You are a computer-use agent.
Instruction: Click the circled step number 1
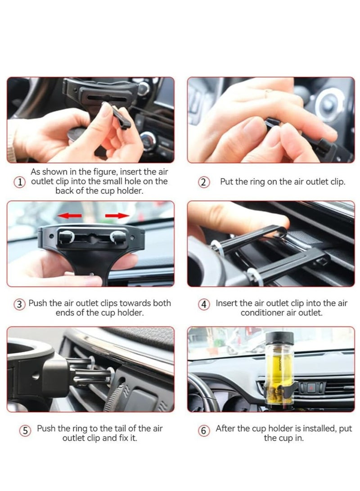click(x=19, y=182)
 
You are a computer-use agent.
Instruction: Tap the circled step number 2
click(x=204, y=182)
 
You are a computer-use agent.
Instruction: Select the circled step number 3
click(x=19, y=304)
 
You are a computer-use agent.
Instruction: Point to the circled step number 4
click(x=204, y=304)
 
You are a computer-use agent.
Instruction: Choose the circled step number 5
click(x=25, y=431)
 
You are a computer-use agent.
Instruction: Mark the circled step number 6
click(x=204, y=431)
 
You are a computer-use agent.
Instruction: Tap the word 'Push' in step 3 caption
click(x=38, y=303)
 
